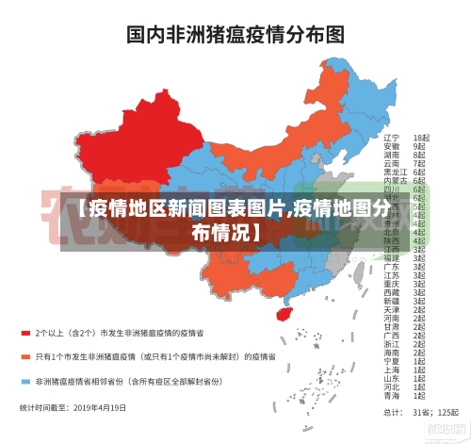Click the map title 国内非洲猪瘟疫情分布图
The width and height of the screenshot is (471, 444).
(235, 36)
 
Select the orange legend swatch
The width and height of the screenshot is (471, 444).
(26, 357)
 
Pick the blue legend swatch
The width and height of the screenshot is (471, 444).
(26, 382)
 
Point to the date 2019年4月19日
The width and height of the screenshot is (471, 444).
(100, 408)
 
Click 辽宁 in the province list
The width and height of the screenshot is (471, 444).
(391, 138)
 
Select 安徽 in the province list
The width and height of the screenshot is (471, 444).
(391, 146)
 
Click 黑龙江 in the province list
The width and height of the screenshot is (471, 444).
(395, 172)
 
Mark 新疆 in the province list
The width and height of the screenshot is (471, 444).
(391, 301)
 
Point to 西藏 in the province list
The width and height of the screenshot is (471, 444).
(391, 292)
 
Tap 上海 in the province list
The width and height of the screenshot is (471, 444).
(391, 370)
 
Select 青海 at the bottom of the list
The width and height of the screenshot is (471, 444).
(391, 395)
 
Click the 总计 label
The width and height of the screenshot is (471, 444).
(389, 413)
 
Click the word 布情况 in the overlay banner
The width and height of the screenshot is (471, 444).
(226, 232)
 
